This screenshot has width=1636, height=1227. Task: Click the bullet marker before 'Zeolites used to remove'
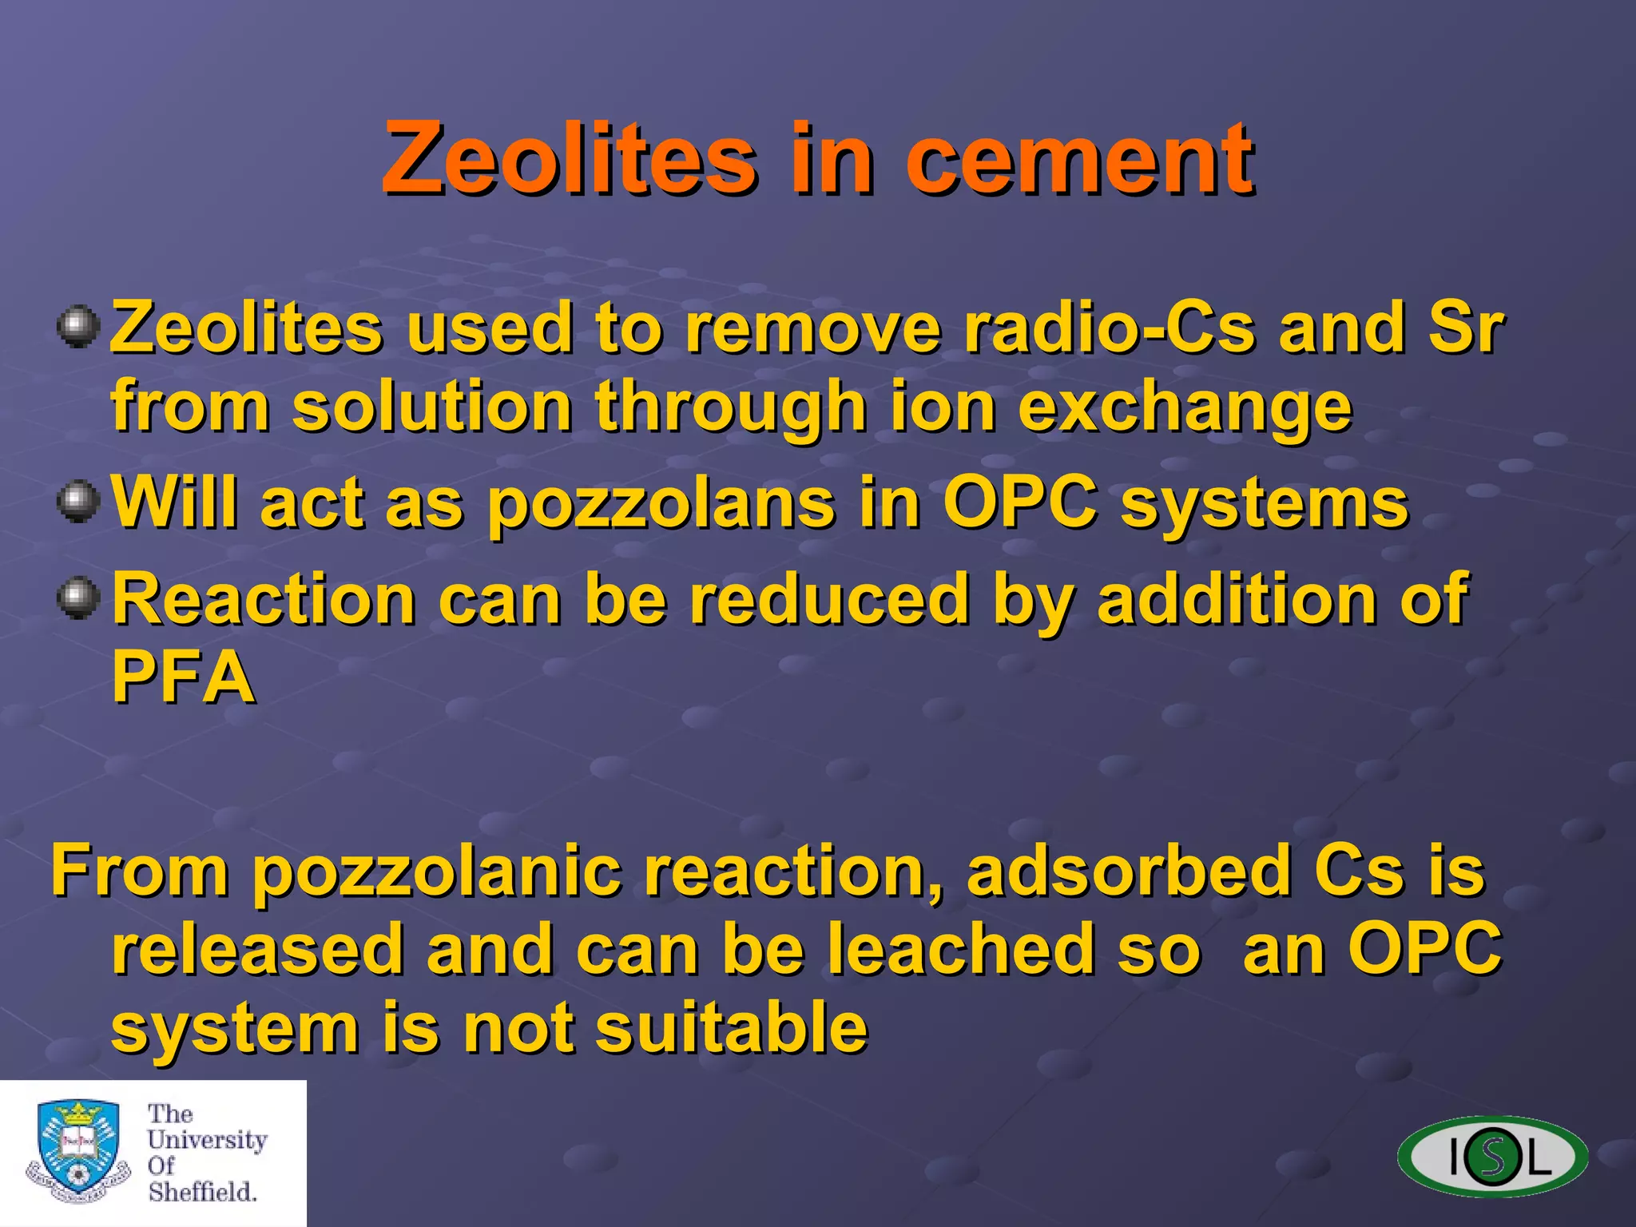78,327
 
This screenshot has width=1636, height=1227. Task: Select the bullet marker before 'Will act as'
78,502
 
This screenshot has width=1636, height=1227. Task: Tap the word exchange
1185,406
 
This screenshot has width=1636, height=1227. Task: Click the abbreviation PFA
183,677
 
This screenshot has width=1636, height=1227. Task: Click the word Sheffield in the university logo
202,1192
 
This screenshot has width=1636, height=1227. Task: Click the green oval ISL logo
1492,1156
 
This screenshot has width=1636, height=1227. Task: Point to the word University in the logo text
207,1140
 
